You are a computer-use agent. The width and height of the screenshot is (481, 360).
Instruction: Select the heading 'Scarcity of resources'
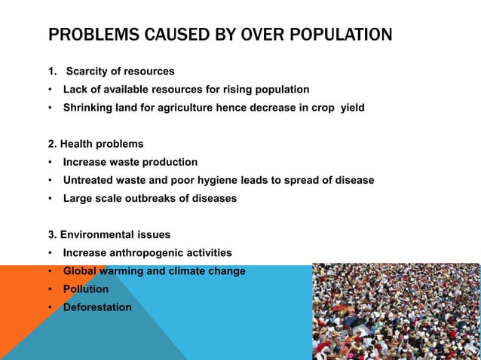click(120, 72)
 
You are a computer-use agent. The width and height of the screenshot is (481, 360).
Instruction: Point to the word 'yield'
click(352, 108)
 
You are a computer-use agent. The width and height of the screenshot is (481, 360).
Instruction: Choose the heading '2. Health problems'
click(96, 144)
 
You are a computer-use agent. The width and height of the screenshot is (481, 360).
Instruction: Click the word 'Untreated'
click(87, 180)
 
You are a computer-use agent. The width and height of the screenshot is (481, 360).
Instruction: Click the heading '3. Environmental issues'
click(109, 234)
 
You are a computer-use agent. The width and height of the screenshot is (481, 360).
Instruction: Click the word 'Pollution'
click(86, 288)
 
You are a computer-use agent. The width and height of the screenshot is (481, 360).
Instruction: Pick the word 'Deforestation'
click(97, 307)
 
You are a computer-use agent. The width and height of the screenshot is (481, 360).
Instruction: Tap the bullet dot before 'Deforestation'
click(51, 307)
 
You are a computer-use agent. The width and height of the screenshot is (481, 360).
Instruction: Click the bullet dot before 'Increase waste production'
click(51, 162)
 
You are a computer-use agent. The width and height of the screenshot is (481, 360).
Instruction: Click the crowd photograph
click(396, 311)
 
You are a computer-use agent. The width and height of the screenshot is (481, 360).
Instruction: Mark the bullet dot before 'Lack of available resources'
click(51, 90)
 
